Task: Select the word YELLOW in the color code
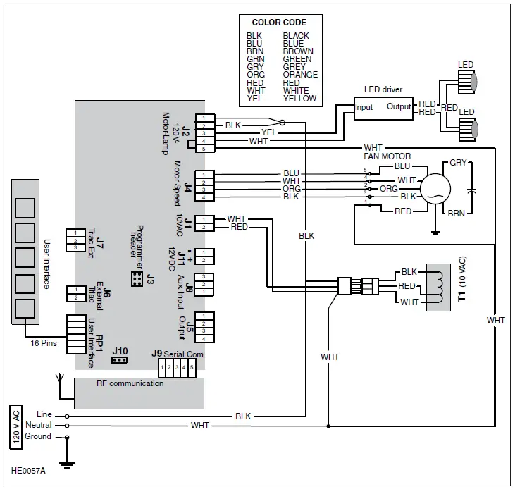click(x=299, y=99)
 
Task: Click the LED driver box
click(x=383, y=106)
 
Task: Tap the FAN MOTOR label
click(x=387, y=156)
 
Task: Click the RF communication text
click(x=130, y=383)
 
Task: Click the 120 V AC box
click(x=15, y=427)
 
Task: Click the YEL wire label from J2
click(x=268, y=132)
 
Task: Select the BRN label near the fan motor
click(x=456, y=212)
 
